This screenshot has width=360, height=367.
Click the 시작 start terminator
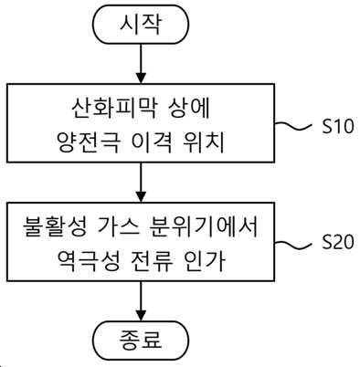coord(141,25)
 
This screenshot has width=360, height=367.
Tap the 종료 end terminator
coord(141,341)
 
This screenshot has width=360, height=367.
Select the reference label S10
coord(338,126)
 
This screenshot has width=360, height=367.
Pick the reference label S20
coord(338,242)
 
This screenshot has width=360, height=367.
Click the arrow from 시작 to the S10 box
coord(141,64)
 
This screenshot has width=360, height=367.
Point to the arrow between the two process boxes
coord(141,183)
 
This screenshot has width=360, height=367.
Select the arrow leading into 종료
coord(141,300)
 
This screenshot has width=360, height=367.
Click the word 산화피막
coord(111,109)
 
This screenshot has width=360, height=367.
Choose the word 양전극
coord(88,142)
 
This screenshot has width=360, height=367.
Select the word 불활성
coord(54,227)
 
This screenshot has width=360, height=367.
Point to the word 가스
coord(120,227)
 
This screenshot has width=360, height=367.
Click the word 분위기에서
coord(205,227)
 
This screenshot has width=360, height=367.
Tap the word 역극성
coord(88,261)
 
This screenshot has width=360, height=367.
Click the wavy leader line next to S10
coord(293,126)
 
